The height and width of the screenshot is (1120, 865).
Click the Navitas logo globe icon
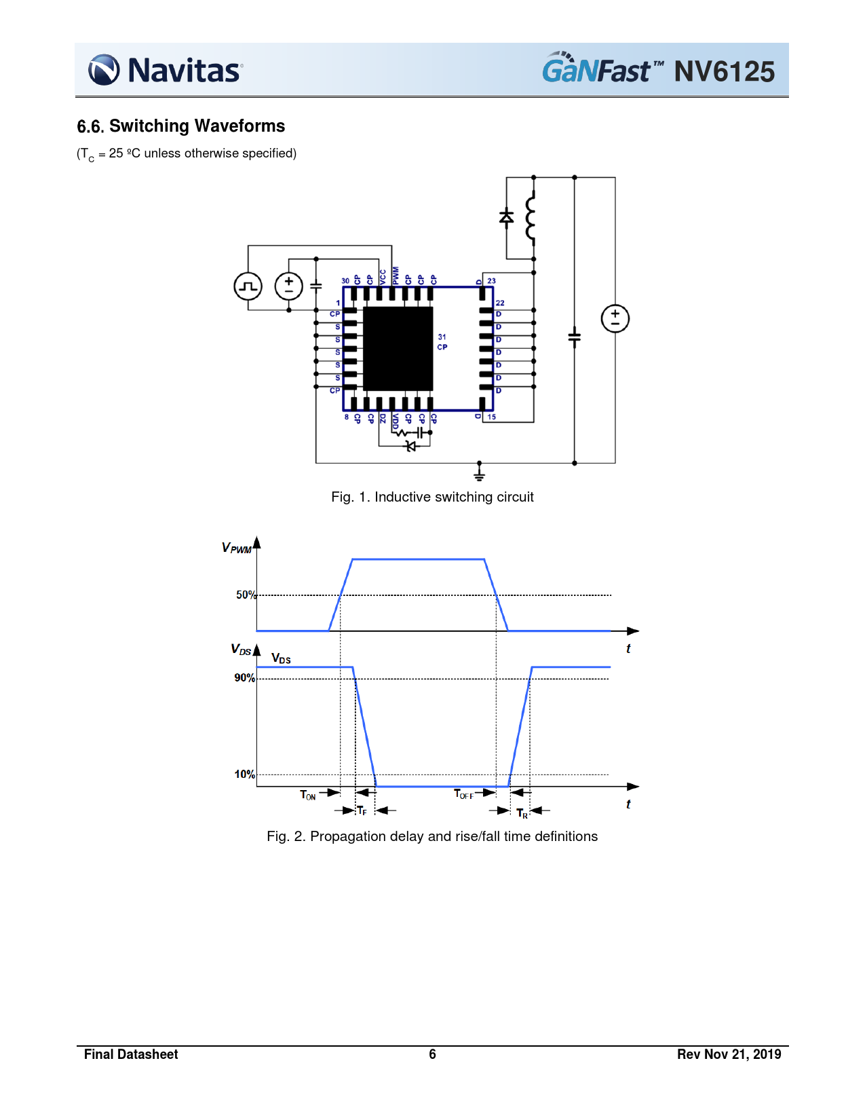tap(104, 70)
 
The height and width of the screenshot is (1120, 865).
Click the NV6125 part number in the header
tap(724, 71)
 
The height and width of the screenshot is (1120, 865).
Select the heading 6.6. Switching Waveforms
tap(181, 126)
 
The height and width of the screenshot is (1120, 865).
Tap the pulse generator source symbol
tap(248, 286)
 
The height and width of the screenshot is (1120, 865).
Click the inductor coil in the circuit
tap(531, 217)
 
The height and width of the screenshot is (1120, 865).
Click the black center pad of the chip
tap(398, 348)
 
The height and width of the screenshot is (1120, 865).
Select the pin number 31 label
tap(442, 337)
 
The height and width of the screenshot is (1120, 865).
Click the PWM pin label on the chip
tap(395, 275)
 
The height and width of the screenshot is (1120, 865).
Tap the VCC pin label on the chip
tap(383, 277)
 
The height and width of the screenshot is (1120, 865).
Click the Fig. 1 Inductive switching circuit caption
tap(432, 497)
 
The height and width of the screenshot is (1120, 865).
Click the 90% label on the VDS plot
tap(245, 678)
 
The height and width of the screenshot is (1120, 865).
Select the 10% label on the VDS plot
tap(245, 774)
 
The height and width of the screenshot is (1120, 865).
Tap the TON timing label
tap(307, 796)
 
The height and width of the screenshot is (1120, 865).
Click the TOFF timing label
tap(463, 794)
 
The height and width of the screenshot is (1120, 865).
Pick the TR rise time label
tap(522, 813)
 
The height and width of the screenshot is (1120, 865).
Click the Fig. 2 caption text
tap(432, 836)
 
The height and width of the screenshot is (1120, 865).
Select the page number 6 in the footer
tap(432, 1054)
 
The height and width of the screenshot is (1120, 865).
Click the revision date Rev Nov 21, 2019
tap(729, 1054)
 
